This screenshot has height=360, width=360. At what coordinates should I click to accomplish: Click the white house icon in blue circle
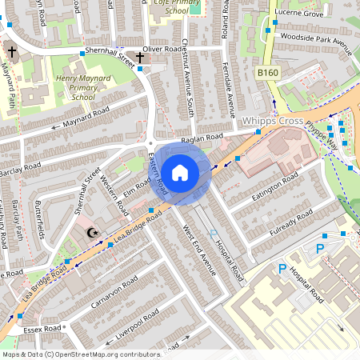(x=180, y=172)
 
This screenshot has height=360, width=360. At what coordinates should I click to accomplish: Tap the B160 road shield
(x=269, y=73)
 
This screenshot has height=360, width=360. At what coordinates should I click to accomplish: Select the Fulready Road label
(x=292, y=218)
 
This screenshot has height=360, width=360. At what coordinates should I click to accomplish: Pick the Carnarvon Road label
(x=114, y=294)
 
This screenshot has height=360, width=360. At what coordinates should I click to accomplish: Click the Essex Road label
(x=42, y=328)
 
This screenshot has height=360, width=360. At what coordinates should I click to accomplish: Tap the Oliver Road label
(x=163, y=50)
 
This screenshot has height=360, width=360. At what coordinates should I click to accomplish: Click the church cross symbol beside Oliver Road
(x=140, y=58)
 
